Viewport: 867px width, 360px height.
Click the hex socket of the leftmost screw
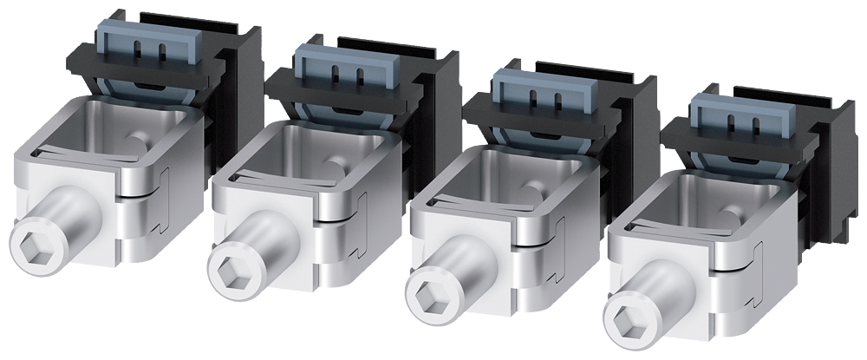[x=32, y=241]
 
